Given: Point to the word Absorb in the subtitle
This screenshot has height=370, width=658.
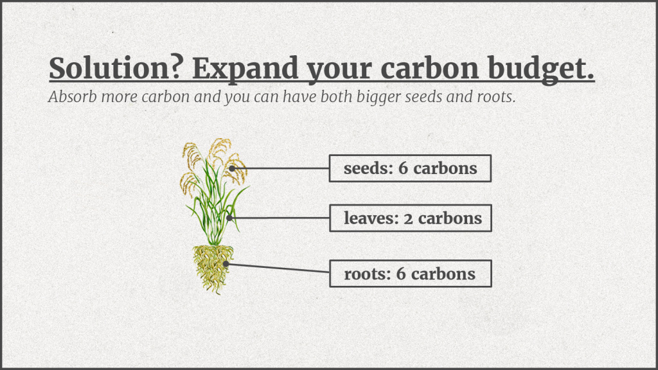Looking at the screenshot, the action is [x=73, y=96].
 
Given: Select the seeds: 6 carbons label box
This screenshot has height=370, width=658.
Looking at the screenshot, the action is [x=410, y=168].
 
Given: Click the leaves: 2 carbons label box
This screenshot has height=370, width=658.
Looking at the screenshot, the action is [x=411, y=218].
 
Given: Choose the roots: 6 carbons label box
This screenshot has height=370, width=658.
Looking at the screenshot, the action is [x=411, y=274].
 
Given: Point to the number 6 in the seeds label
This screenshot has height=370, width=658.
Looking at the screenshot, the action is [x=403, y=168].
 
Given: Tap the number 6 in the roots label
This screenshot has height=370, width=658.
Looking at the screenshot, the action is [x=401, y=274].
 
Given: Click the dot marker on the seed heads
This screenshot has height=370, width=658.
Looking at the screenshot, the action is [x=231, y=168].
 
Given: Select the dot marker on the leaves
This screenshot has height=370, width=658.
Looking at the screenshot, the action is [x=229, y=218].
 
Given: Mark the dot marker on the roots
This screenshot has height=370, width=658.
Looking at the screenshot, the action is [x=226, y=264].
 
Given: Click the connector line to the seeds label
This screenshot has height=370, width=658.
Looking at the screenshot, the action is [x=280, y=168].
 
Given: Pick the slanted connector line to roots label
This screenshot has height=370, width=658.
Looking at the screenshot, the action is [x=278, y=268].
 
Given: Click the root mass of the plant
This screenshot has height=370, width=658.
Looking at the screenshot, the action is [x=213, y=269].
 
